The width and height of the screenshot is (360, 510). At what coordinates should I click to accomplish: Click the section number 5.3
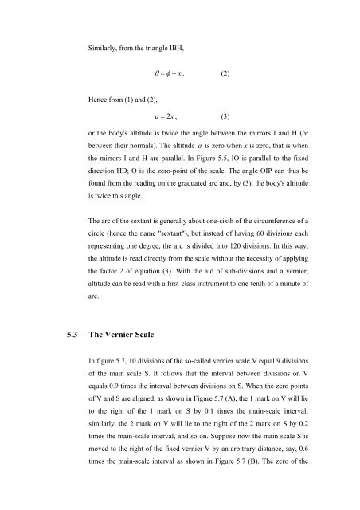tap(65, 337)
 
